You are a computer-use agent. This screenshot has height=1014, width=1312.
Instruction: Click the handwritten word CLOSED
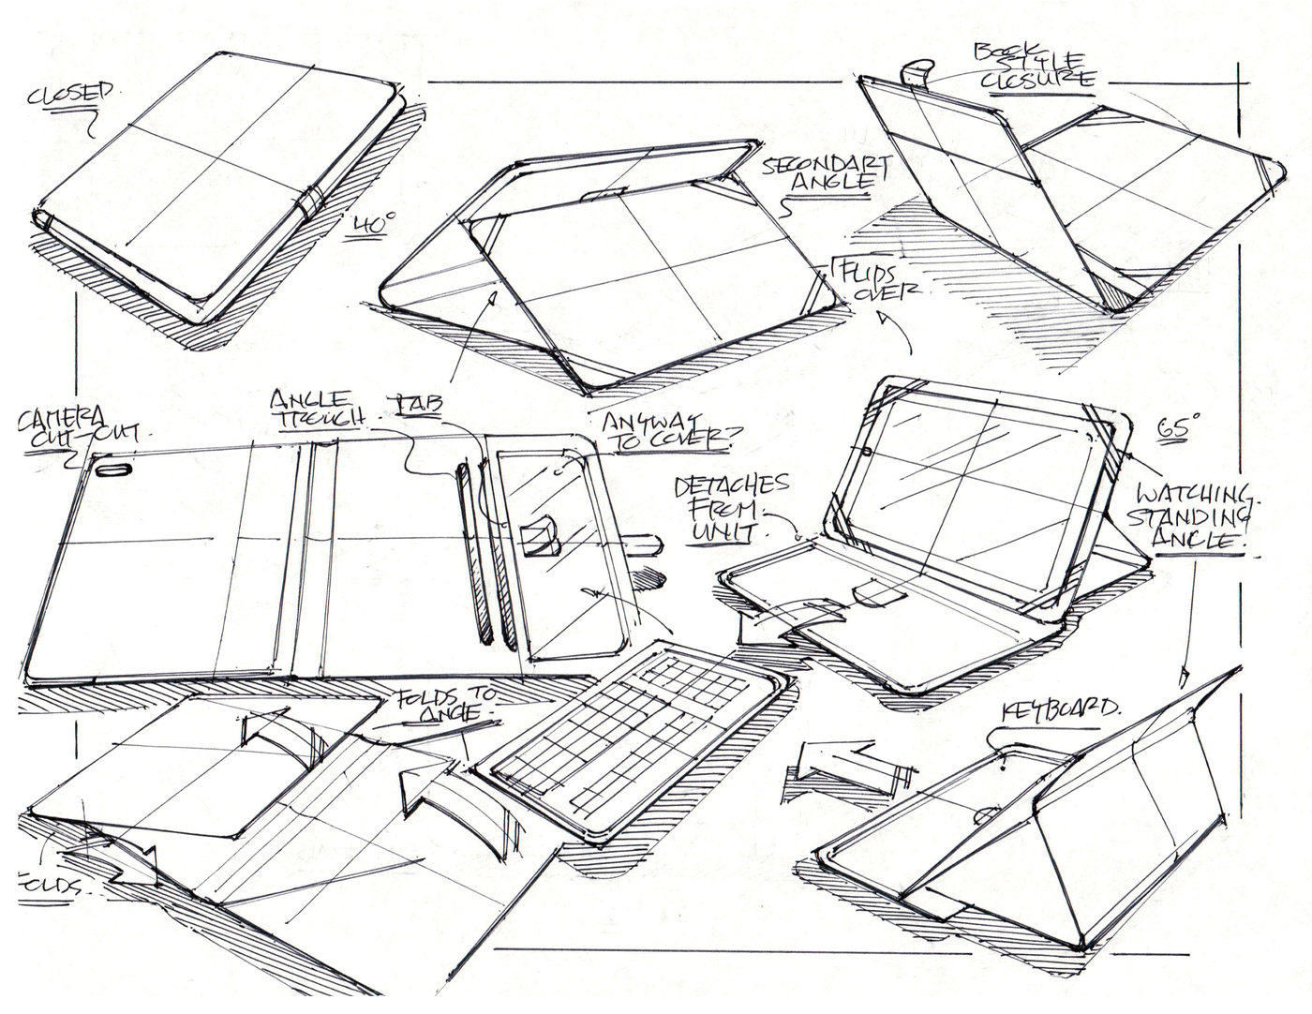pos(70,95)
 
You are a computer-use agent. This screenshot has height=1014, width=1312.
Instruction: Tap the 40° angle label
pos(375,227)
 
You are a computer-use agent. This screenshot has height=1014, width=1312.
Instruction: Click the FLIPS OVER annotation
pos(876,280)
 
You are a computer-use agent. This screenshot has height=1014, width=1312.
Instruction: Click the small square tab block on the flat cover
pos(539,539)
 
